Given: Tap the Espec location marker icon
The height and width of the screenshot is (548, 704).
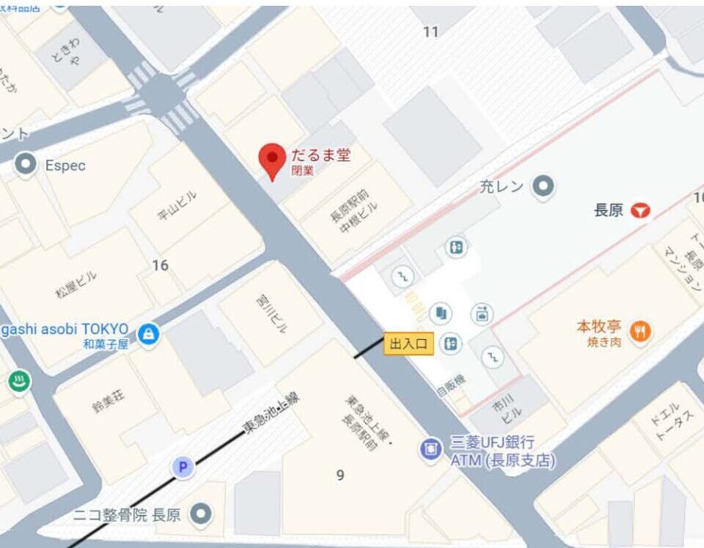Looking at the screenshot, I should (26, 165).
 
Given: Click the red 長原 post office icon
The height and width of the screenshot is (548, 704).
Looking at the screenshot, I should (642, 211).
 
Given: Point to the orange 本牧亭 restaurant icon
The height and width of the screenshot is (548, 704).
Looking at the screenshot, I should (640, 331).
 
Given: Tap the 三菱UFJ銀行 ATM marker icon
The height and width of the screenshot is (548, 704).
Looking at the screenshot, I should (430, 448).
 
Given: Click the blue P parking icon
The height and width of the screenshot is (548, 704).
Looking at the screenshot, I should (183, 467).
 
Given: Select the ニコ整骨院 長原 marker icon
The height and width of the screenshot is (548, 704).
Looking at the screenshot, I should (200, 514).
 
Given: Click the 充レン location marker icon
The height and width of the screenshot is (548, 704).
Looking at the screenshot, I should (543, 186).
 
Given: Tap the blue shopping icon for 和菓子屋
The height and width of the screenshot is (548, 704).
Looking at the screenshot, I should (149, 335).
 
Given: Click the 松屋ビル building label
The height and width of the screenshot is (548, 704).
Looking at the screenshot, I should (76, 284).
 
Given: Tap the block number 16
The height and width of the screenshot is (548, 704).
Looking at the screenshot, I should (160, 265).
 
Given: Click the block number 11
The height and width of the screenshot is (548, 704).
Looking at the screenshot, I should (431, 32).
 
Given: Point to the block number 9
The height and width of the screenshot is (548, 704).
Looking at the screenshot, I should (340, 475).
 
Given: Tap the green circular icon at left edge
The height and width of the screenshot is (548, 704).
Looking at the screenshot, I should (18, 381).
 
